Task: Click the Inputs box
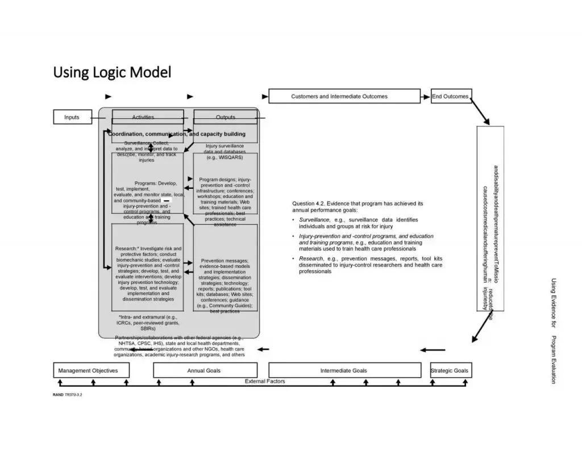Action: click(x=72, y=117)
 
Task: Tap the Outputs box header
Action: click(x=226, y=117)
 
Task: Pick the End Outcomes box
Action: click(x=451, y=96)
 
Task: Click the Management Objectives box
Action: click(x=91, y=370)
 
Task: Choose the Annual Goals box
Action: click(x=205, y=370)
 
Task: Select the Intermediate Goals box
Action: click(x=344, y=370)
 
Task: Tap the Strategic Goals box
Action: click(x=450, y=370)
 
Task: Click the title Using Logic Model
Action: click(x=112, y=72)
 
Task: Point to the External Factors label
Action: click(x=265, y=381)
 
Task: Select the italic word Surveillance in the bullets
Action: click(x=314, y=220)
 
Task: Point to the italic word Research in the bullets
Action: click(x=310, y=258)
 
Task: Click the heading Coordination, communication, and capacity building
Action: click(x=177, y=134)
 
